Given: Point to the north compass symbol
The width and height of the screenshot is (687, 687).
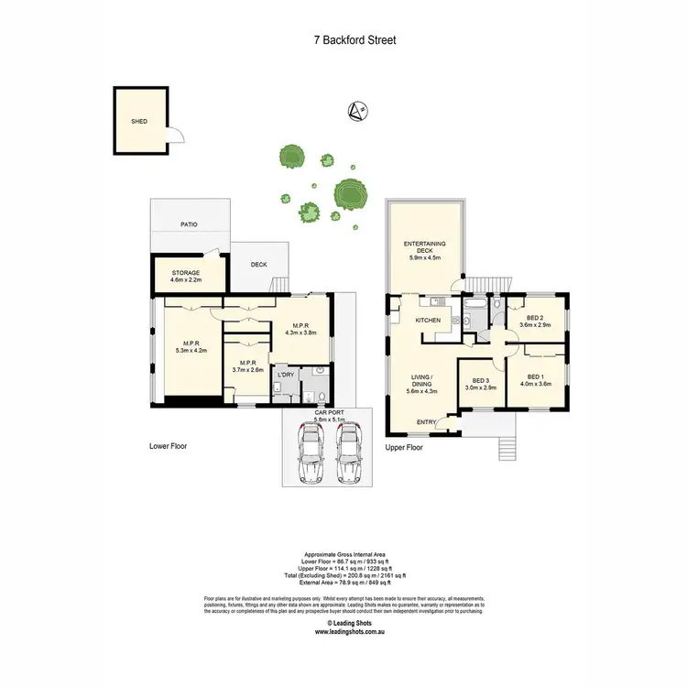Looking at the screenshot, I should (356, 112).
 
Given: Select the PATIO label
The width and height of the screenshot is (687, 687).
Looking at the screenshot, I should (189, 224).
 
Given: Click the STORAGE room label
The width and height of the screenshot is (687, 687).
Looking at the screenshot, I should (186, 273).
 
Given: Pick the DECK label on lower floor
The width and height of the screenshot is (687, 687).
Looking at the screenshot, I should (259, 265).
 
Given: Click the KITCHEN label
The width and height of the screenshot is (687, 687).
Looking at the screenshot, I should (429, 320).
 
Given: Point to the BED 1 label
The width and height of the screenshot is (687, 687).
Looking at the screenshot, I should (536, 376).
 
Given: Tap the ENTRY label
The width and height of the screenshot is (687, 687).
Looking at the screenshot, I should (426, 421).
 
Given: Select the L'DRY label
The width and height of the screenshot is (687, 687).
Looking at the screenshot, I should (286, 376).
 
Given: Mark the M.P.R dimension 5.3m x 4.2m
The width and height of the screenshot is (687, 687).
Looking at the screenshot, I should (185, 350).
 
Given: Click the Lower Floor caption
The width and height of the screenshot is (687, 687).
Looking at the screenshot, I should (169, 447).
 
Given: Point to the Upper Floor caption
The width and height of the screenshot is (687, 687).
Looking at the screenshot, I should (404, 448).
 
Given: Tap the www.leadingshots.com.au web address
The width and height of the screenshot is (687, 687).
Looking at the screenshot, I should (354, 632).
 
